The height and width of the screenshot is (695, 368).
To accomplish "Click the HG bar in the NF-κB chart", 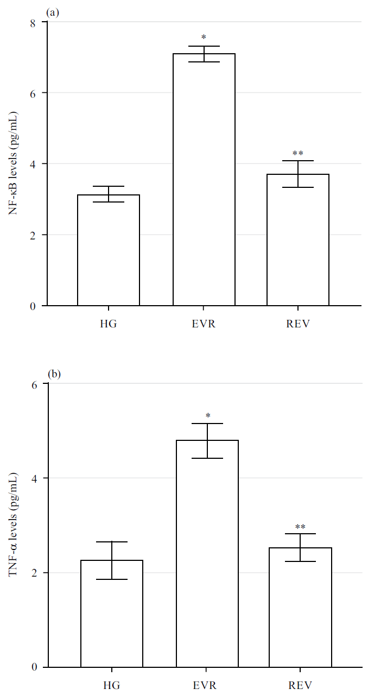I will point(109,250).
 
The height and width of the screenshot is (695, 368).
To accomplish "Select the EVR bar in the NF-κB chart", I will point(204,180).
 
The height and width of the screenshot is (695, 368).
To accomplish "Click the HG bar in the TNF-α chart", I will point(112,614).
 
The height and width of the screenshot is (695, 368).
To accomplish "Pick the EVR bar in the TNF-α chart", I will point(207,553).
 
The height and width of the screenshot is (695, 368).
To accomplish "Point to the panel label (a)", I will point(53,12).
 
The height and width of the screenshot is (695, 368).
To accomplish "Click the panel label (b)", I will point(54,374).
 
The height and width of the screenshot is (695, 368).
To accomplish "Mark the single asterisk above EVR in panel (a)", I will point(204,37).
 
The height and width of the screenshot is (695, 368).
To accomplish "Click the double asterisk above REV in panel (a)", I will point(298,154).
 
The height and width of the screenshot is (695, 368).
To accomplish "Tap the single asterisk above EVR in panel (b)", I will point(207,416).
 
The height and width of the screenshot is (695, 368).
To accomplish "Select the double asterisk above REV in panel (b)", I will point(300,527).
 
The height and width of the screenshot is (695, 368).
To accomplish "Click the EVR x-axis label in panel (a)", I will point(204,324).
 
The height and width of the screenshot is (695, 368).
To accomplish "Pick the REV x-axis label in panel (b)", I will point(300,685).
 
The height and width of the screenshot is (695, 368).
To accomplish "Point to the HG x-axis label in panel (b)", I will point(112,685).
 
